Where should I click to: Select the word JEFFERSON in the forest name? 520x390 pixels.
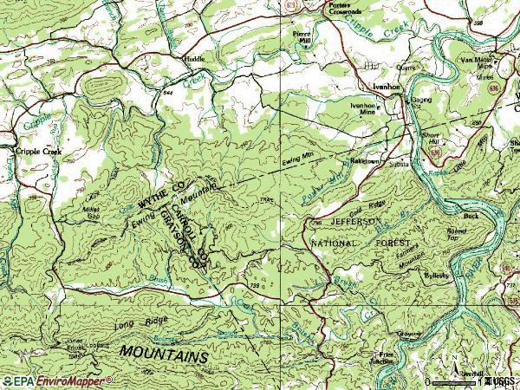click(345, 222)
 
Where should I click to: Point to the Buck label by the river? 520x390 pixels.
click(471, 215)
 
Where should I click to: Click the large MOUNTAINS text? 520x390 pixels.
click(164, 356)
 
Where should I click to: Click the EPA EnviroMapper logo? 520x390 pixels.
click(57, 380)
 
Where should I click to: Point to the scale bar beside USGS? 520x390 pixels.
click(455, 380)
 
